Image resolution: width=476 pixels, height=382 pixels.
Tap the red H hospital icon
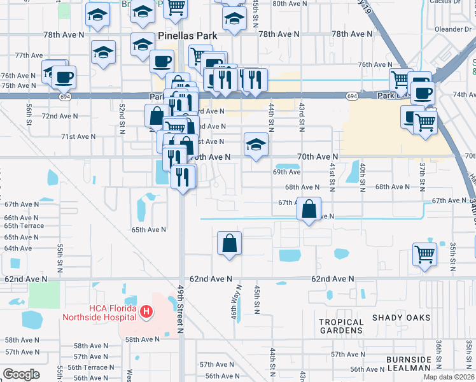(147, 311)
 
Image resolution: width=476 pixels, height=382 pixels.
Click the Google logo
(21, 374)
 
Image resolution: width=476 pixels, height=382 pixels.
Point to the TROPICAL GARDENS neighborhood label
(341, 326)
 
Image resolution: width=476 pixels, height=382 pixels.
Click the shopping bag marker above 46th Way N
(230, 243)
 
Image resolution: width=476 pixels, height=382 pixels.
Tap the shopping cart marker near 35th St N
(424, 254)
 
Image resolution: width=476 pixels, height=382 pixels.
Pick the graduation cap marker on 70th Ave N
(256, 145)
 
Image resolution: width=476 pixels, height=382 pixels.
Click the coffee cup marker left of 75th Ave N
(64, 78)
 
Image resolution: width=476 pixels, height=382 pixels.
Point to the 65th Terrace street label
(24, 226)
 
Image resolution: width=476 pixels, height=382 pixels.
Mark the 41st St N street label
(332, 173)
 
